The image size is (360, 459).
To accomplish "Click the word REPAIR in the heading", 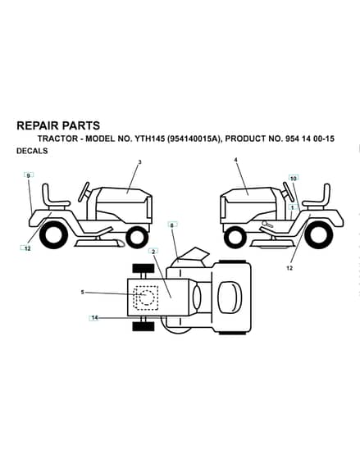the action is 38,125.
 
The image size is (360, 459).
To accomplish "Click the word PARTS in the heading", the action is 81,125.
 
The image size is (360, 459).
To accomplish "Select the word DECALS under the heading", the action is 32,151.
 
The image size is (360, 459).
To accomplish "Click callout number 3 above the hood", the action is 139,162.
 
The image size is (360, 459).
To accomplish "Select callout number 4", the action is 236,160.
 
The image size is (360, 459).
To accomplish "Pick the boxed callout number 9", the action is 29,175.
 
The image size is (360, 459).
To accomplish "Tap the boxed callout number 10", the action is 294,178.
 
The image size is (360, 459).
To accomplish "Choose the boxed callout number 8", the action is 172,225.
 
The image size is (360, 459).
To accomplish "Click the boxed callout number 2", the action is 153,251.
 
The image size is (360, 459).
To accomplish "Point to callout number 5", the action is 83,292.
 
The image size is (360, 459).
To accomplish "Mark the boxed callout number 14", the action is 94,318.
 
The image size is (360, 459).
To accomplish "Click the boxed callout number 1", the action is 292,207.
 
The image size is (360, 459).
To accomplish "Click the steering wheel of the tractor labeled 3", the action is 84,192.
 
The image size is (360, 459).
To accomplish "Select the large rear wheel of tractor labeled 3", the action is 53,234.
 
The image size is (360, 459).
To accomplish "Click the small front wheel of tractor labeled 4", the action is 235,237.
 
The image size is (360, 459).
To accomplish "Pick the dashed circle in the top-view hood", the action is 147,298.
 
